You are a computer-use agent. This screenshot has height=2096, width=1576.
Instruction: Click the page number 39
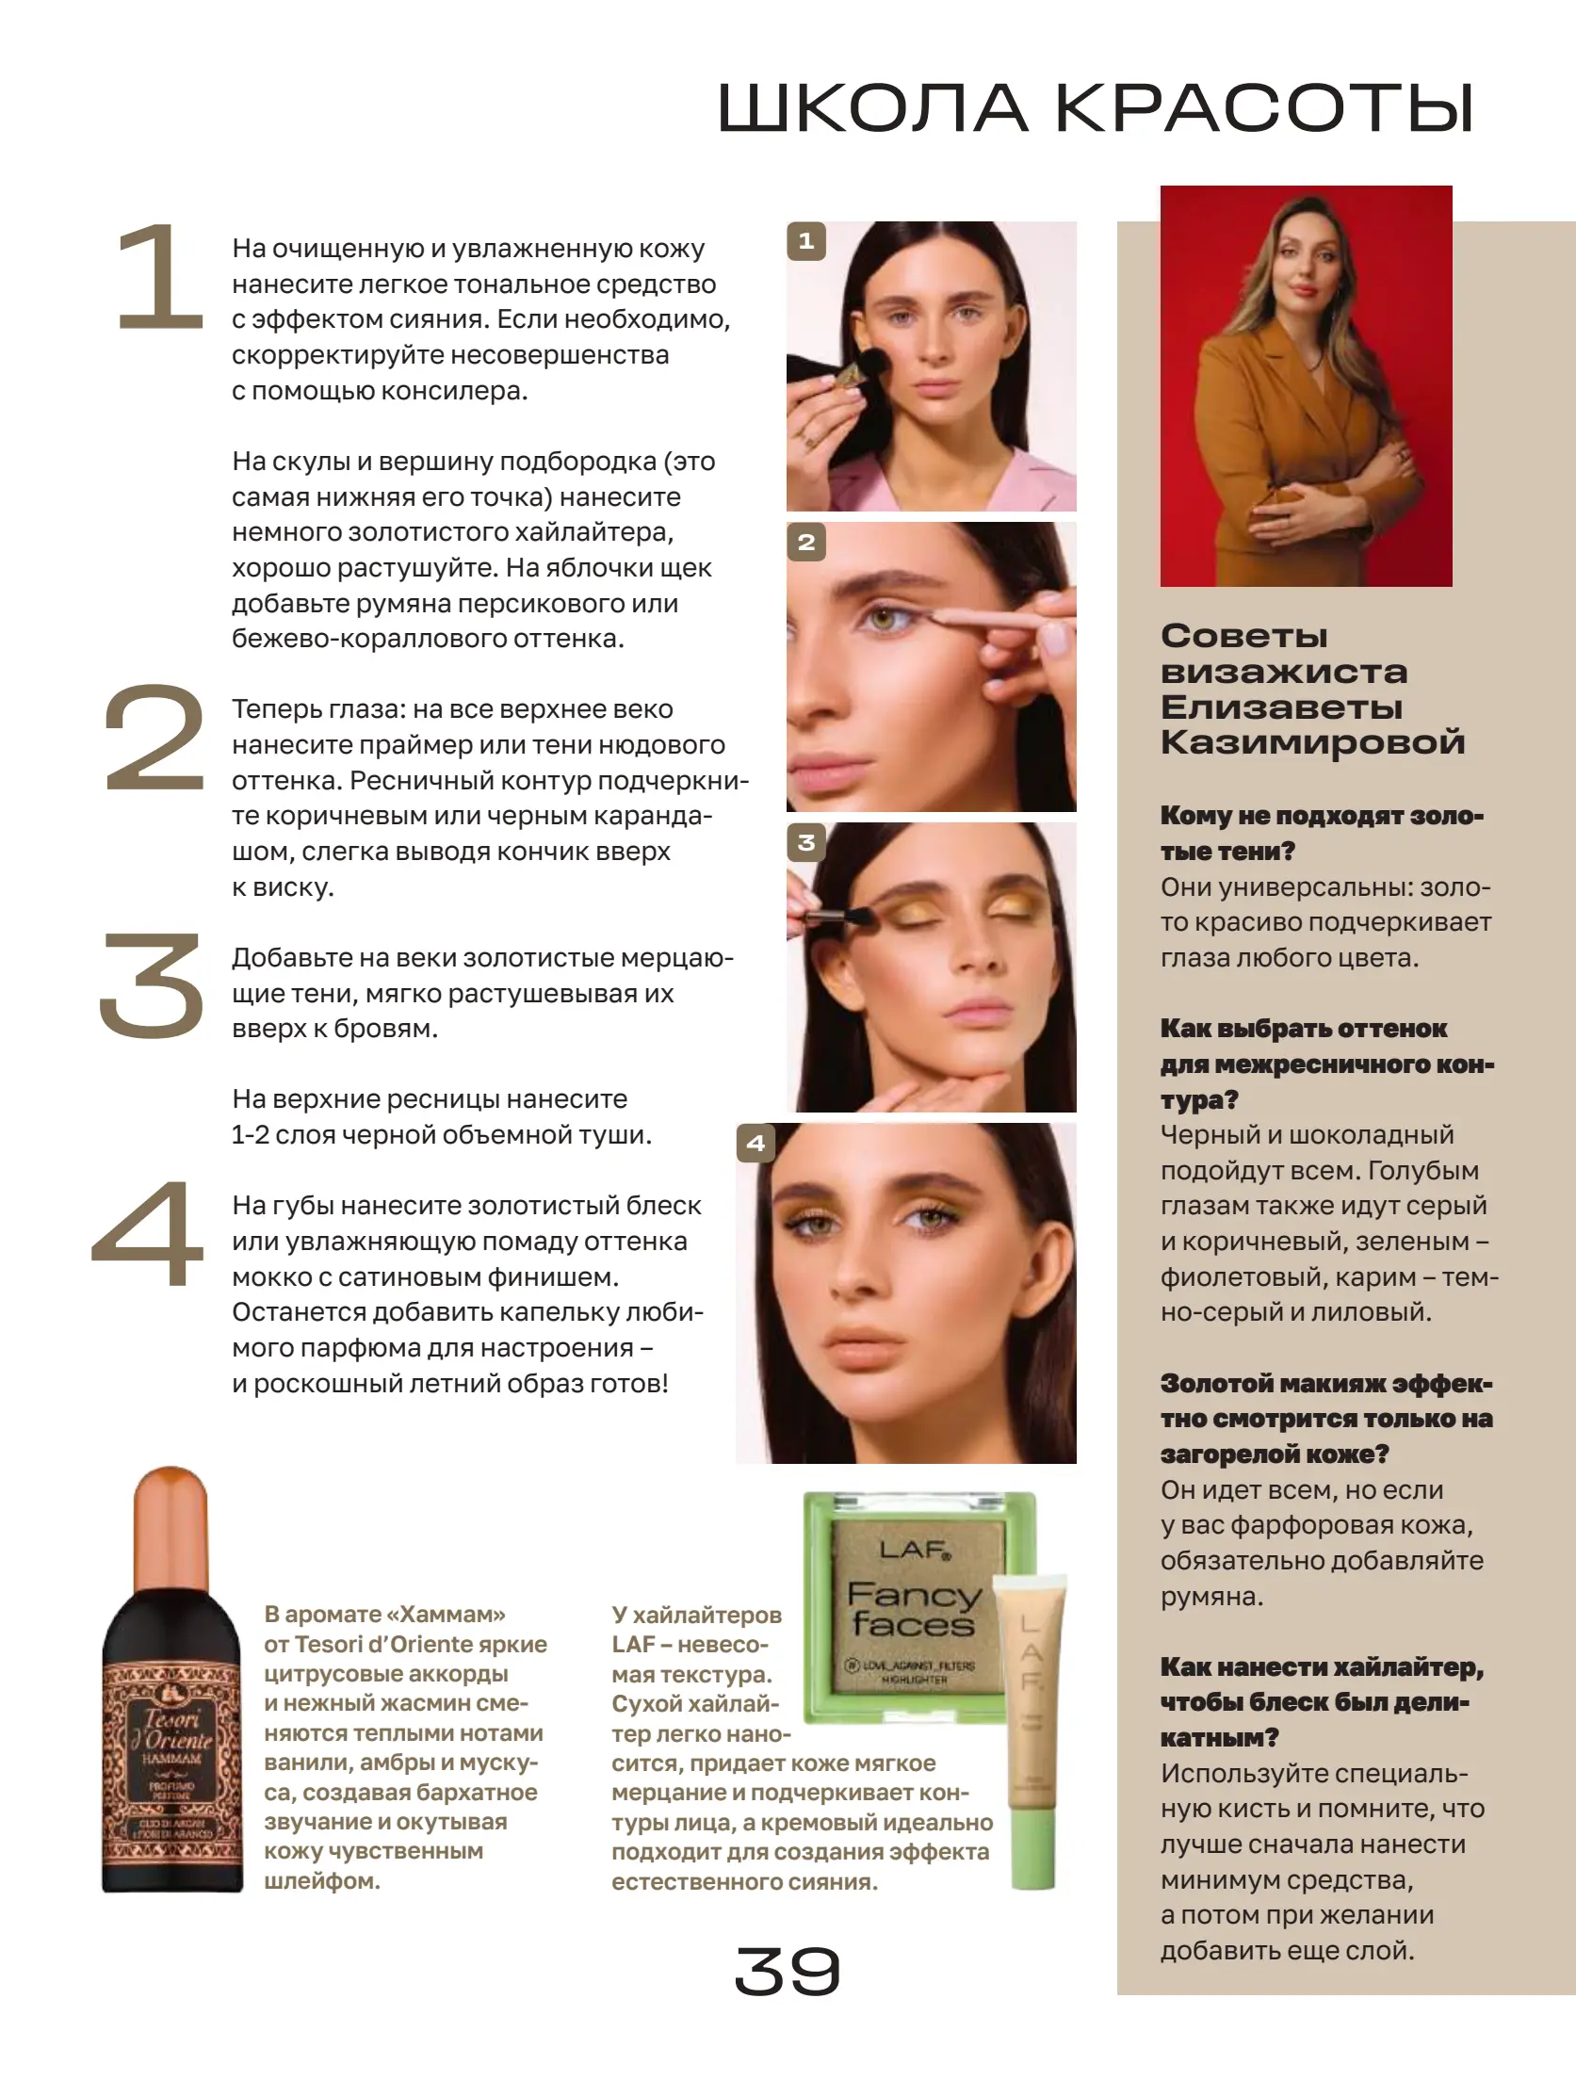pyautogui.click(x=787, y=1971)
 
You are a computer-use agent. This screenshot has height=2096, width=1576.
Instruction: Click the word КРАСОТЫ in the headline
pyautogui.click(x=1264, y=108)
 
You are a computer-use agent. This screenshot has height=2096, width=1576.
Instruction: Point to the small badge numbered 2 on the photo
pyautogui.click(x=806, y=543)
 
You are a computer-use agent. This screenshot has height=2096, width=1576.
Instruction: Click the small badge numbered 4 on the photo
pyautogui.click(x=756, y=1144)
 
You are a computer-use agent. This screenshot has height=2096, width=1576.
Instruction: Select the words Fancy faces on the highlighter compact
pyautogui.click(x=913, y=1610)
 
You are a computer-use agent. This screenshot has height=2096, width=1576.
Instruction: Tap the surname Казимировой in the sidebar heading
pyautogui.click(x=1312, y=742)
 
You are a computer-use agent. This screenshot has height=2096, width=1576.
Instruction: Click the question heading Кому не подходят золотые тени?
pyautogui.click(x=1321, y=833)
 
